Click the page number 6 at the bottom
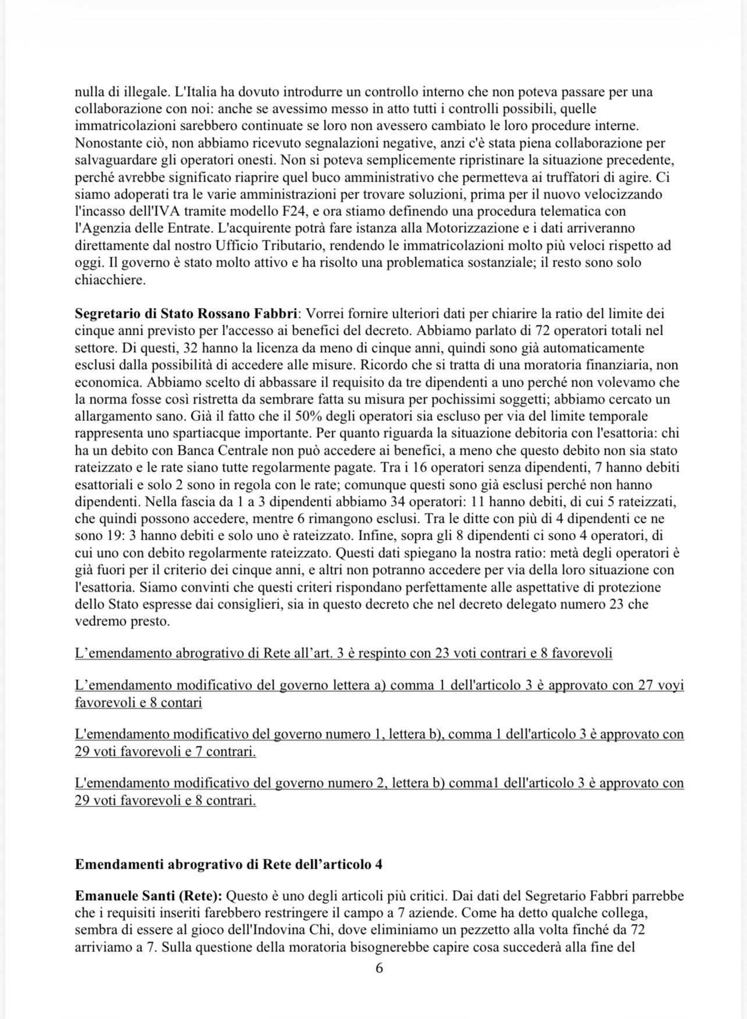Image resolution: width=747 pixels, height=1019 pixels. click(379, 968)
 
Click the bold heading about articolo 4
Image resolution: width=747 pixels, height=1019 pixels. click(228, 864)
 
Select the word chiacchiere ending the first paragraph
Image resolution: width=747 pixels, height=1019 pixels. click(109, 279)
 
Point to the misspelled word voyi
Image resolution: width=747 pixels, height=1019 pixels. click(671, 685)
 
